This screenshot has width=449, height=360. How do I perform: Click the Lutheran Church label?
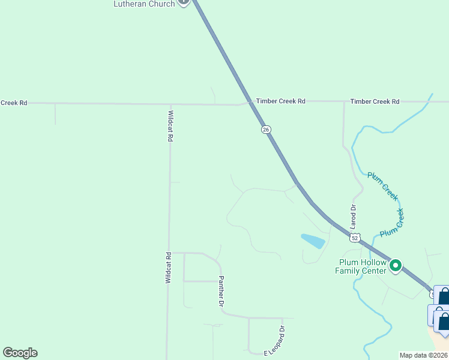pos(144,4)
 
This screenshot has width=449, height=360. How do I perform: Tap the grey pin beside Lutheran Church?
pos(184,2)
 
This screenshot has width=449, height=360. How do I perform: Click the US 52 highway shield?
pos(355,238)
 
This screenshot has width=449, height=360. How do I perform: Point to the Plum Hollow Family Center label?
pos(362,266)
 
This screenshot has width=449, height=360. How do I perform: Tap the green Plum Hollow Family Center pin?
pos(395,265)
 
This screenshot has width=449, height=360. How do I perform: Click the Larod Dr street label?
pos(354,217)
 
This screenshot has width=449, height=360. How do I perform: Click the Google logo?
pos(20,353)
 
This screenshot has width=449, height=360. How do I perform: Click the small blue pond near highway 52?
pos(313,241)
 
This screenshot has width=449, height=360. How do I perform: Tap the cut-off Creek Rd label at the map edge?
pos(14,103)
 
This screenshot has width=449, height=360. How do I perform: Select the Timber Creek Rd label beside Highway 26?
pos(280,101)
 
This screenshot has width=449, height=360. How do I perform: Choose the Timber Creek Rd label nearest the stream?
pos(375,101)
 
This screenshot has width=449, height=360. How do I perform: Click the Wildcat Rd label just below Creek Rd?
pos(170,125)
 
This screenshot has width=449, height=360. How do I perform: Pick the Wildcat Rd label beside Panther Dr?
pos(169,268)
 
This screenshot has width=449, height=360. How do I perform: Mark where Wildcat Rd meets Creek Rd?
pos(170,104)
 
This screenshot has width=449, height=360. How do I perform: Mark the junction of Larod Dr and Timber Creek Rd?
pos(344,101)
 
